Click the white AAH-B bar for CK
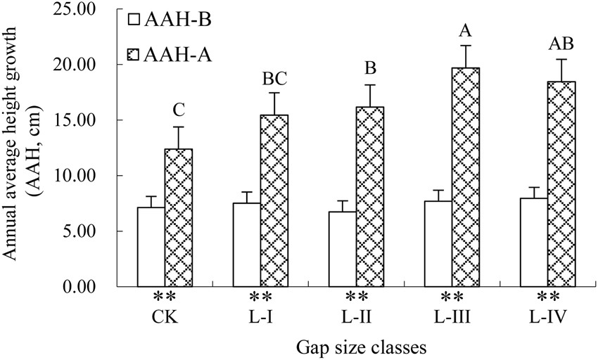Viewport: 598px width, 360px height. pyautogui.click(x=151, y=247)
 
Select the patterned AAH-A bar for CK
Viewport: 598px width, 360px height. pyautogui.click(x=178, y=217)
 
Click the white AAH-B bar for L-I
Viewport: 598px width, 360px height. pyautogui.click(x=247, y=245)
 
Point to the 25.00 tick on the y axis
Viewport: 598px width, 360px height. pyautogui.click(x=78, y=10)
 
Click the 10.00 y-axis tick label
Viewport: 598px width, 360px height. pyautogui.click(x=78, y=176)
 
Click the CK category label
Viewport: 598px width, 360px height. pyautogui.click(x=165, y=316)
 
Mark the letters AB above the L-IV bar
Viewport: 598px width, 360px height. pyautogui.click(x=561, y=44)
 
